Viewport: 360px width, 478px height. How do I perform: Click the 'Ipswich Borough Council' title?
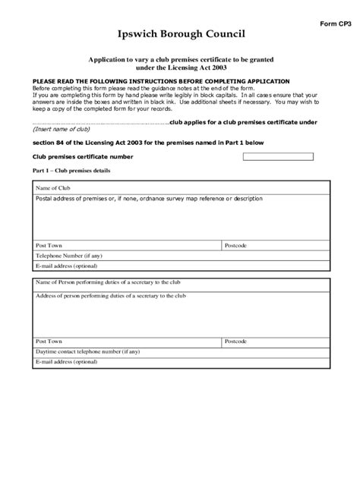[181, 36]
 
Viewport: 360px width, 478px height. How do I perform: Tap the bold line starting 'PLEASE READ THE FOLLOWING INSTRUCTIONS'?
[160, 80]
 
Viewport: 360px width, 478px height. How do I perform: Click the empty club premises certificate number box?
[277, 156]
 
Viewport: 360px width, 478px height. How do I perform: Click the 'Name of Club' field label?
[53, 187]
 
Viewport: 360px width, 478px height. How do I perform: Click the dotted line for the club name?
[99, 121]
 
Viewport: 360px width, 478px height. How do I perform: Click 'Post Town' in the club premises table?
[49, 247]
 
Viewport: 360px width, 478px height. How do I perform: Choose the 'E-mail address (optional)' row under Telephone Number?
[66, 266]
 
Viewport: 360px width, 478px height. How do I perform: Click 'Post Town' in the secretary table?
[49, 342]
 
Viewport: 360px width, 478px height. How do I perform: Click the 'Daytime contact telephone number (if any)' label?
[87, 352]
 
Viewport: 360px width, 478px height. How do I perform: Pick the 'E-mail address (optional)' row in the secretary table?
[66, 362]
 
